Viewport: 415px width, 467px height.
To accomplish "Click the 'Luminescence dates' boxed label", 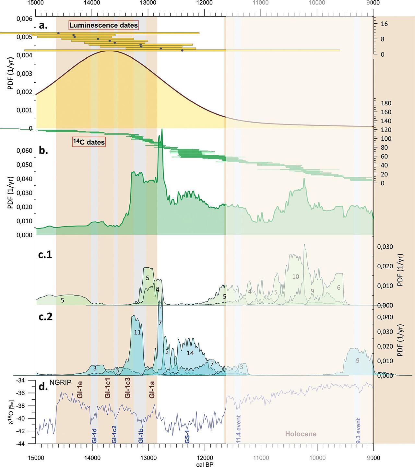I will point(103,25).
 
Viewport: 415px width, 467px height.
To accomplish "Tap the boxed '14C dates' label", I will point(89,142).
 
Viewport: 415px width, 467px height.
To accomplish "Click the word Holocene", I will point(301,434).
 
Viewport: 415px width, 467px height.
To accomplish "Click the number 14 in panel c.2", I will point(190,353).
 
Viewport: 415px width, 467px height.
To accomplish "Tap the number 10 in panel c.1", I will point(295,276).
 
